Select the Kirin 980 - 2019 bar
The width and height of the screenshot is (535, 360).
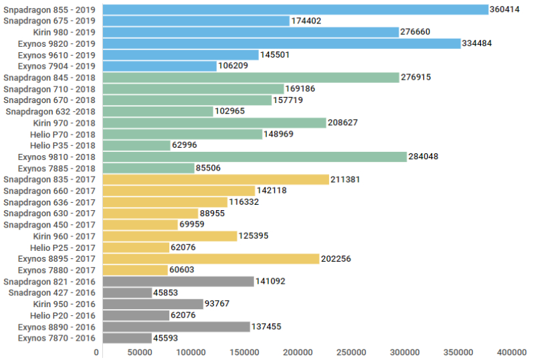tap(251, 32)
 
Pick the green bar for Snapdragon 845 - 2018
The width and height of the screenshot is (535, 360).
tap(251, 78)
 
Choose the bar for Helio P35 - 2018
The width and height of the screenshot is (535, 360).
tap(136, 145)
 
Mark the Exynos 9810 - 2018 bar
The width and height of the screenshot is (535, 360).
tap(255, 157)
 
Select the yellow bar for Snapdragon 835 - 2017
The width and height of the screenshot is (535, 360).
tap(216, 179)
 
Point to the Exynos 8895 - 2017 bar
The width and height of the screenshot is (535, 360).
tap(211, 258)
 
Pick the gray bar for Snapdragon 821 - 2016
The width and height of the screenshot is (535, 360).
tap(178, 281)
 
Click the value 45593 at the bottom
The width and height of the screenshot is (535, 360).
tap(166, 338)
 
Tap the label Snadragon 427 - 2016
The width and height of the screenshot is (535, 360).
tap(52, 292)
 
